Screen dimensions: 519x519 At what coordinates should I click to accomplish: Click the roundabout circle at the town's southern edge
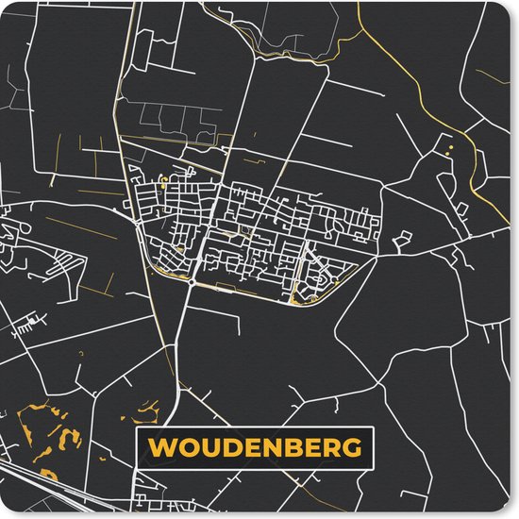tap(191, 280)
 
